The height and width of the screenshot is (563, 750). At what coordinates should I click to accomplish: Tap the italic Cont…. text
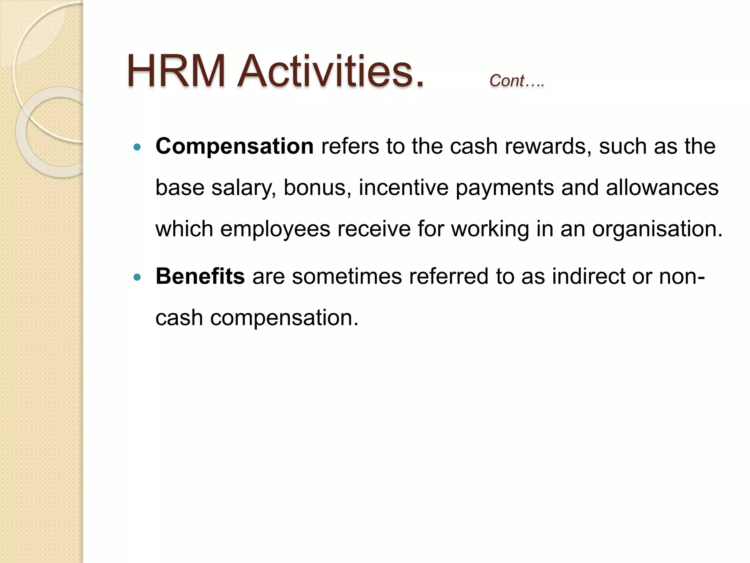coord(517,81)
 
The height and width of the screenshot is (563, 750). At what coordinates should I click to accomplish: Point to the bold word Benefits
coord(200,276)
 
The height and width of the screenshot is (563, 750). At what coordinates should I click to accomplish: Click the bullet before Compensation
coord(137,147)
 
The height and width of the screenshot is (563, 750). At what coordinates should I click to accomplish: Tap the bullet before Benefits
coord(137,277)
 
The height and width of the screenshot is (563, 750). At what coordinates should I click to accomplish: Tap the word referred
coord(449,276)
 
